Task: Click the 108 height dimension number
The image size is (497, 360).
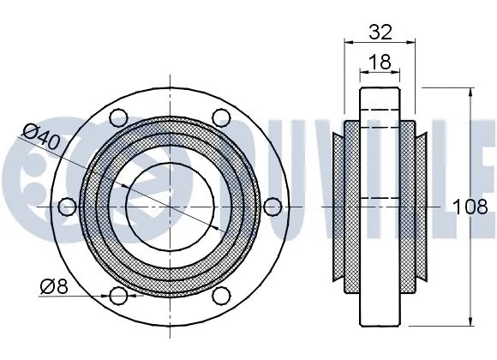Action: click(x=471, y=207)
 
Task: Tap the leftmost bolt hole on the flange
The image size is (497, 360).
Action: click(x=67, y=206)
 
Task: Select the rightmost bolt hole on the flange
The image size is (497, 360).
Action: click(x=272, y=206)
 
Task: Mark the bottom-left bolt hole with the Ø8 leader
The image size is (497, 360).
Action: click(x=118, y=296)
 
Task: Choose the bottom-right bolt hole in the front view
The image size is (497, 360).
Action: click(x=221, y=296)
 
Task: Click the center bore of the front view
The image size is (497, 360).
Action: click(x=170, y=206)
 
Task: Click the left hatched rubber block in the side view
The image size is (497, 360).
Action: click(x=351, y=206)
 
